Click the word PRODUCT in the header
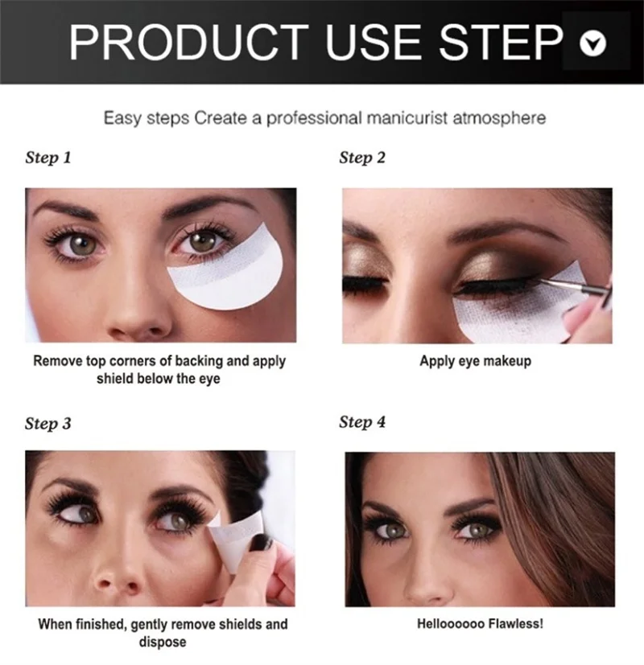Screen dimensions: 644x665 (x=189, y=42)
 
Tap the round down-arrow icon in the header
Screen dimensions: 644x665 (x=592, y=43)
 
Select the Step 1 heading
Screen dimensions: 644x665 (x=48, y=158)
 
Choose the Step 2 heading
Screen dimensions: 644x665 (x=362, y=158)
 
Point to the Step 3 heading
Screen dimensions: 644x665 (x=48, y=423)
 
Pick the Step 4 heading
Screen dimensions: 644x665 (x=362, y=422)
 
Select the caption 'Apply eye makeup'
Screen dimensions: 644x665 (x=476, y=361)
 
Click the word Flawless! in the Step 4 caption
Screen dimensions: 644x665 (x=515, y=624)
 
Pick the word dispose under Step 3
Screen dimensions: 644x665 (x=162, y=642)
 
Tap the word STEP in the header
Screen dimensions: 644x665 (x=502, y=42)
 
